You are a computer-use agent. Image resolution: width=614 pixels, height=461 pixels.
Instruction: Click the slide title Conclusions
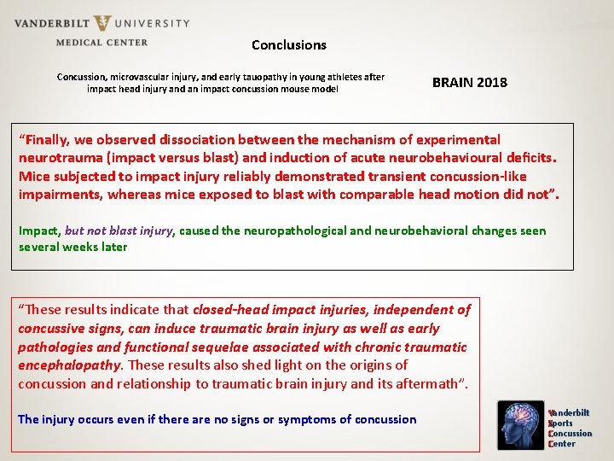[288, 44]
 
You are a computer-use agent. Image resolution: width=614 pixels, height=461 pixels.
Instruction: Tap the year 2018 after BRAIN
[492, 83]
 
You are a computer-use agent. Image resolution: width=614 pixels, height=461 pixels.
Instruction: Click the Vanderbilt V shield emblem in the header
[103, 24]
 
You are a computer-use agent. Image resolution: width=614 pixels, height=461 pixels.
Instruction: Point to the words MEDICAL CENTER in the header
[101, 42]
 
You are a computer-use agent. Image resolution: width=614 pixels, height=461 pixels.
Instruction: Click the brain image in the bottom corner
[523, 426]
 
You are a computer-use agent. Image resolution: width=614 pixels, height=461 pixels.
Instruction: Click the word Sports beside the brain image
[562, 423]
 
